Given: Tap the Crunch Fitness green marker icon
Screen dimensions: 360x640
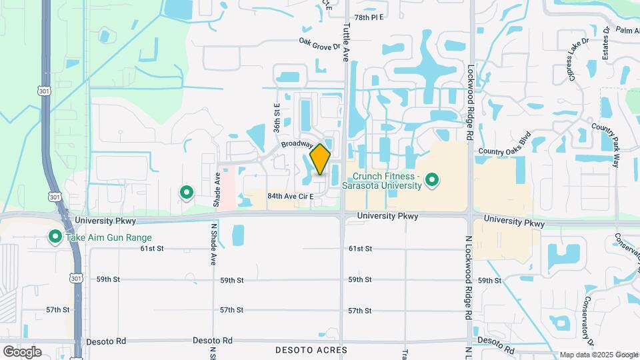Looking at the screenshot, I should [432, 179].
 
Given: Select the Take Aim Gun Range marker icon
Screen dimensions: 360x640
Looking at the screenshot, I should [55, 237].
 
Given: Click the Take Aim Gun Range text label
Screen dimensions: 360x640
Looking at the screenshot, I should [109, 238].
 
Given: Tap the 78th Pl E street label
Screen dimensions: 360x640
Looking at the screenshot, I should [369, 17].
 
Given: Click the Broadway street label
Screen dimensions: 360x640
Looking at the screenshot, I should [297, 144].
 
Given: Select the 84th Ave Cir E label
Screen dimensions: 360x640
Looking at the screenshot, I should [290, 197].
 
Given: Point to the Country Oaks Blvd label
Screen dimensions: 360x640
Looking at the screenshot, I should [503, 151].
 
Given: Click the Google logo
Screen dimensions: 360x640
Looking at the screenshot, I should [22, 351].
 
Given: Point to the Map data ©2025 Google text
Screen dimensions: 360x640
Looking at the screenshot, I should [598, 355].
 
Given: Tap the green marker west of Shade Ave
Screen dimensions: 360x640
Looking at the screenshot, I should [187, 193].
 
